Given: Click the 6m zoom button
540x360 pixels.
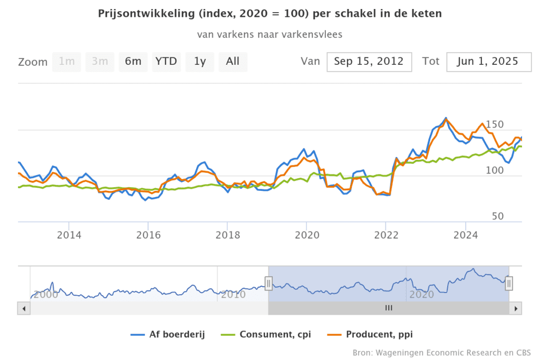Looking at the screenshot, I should coord(133,62).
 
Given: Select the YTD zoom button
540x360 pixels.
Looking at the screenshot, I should coord(166,62).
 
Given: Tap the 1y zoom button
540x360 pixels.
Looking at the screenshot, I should coord(199,62).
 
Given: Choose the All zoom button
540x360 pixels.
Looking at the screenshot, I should coord(233,62).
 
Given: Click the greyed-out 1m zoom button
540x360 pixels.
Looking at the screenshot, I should coord(66,62).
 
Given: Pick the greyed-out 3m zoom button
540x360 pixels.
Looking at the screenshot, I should coord(100,62).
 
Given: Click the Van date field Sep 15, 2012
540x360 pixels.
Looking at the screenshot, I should coord(369,62).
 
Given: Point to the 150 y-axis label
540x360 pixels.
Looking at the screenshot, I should coord(495,125).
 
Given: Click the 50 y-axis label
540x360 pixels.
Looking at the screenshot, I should coord(498,217).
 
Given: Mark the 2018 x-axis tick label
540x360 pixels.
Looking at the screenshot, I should coord(227,236).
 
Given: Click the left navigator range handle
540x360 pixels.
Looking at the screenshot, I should coord(268,284).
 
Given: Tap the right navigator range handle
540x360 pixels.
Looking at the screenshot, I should coord(509,284).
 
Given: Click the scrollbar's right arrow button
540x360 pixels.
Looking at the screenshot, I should coord(517,308).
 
